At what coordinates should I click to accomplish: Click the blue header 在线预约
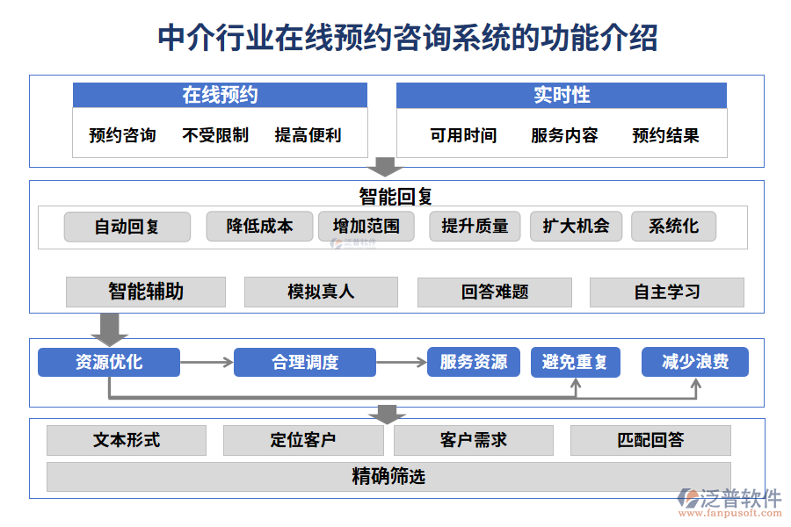(x=220, y=95)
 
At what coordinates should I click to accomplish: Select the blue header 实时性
(x=561, y=95)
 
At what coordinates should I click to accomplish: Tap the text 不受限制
(x=215, y=135)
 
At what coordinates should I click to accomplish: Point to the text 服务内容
(x=564, y=135)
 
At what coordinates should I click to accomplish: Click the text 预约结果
(x=665, y=135)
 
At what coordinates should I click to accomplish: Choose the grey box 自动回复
(x=127, y=227)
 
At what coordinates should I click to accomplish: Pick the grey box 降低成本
(x=259, y=227)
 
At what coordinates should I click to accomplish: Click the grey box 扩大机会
(x=576, y=227)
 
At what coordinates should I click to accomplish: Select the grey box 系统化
(x=673, y=227)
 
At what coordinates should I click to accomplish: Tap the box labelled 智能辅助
(x=146, y=292)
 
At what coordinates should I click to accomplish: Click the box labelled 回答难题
(x=494, y=292)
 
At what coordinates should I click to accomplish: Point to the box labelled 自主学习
(x=666, y=292)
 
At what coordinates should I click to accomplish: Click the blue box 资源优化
(x=109, y=362)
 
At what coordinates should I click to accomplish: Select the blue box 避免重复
(x=575, y=362)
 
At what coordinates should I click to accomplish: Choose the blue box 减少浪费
(x=694, y=362)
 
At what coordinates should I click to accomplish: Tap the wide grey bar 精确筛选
(x=388, y=477)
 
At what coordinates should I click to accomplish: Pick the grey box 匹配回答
(x=650, y=440)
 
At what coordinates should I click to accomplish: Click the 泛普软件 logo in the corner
(x=729, y=502)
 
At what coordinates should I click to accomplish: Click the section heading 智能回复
(x=395, y=195)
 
